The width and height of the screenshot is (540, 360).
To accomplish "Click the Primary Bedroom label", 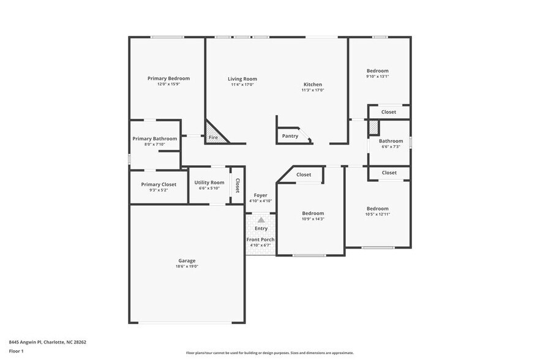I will pyautogui.click(x=168, y=78).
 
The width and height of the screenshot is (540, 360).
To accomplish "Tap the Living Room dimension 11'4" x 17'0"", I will pyautogui.click(x=242, y=84).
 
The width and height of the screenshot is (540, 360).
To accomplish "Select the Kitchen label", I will pyautogui.click(x=312, y=84).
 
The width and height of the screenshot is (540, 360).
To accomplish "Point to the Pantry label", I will pyautogui.click(x=290, y=136).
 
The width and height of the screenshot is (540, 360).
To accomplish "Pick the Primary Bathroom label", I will pyautogui.click(x=155, y=138).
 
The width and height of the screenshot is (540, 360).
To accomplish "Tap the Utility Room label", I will pyautogui.click(x=209, y=182).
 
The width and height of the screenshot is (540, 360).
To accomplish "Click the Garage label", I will pyautogui.click(x=187, y=260).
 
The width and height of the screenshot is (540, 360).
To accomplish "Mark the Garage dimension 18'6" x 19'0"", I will pyautogui.click(x=187, y=266).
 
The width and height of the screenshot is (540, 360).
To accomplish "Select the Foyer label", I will pyautogui.click(x=261, y=195).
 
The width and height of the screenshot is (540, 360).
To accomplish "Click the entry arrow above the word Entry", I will pyautogui.click(x=261, y=220).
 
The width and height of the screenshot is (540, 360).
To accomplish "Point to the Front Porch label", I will pyautogui.click(x=261, y=239).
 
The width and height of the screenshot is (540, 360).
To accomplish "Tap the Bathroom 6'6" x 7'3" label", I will pyautogui.click(x=391, y=141).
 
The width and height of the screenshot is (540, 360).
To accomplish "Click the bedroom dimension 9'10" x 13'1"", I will pyautogui.click(x=377, y=77).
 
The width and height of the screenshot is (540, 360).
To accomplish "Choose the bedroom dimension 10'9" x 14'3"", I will pyautogui.click(x=313, y=219).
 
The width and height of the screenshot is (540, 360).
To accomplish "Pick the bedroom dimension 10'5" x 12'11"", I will pyautogui.click(x=377, y=214).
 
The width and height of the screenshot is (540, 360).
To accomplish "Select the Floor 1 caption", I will pyautogui.click(x=16, y=351).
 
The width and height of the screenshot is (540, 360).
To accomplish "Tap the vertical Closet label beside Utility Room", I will pyautogui.click(x=237, y=186).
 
